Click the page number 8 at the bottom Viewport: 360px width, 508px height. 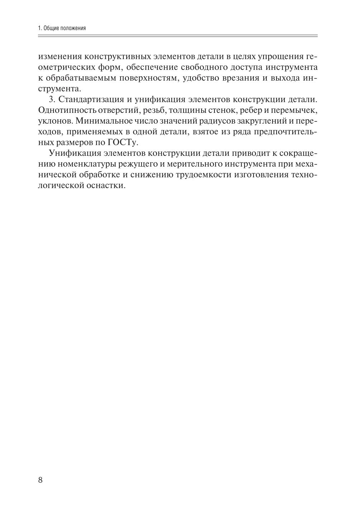pos(40,480)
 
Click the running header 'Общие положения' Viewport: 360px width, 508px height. pos(65,28)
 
